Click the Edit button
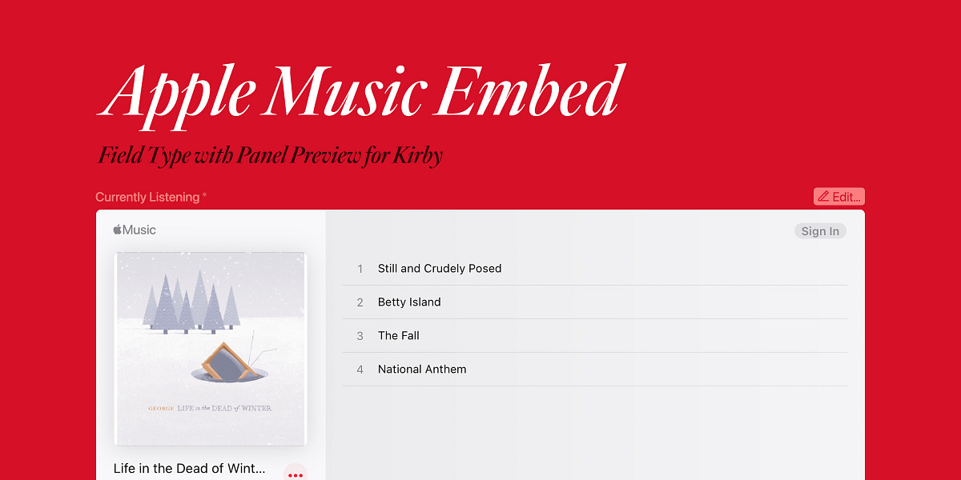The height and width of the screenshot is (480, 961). point(838,197)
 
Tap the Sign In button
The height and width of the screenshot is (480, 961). point(820,231)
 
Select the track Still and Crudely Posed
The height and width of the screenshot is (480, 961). point(440,268)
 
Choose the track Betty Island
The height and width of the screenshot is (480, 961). point(409,302)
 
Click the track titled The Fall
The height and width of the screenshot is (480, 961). point(399,335)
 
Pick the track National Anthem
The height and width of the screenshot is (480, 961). point(422,369)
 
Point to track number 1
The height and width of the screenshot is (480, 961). point(360,269)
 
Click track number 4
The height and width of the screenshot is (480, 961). point(360,370)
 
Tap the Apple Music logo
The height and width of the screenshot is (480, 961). point(135,230)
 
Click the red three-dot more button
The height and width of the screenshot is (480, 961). point(296,474)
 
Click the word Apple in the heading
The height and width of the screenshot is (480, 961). point(177,97)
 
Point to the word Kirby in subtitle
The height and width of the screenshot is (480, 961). point(418,155)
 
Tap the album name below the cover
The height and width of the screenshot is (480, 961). point(189,469)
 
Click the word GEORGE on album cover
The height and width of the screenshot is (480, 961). point(161,409)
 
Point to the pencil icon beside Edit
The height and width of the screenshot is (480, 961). point(823,196)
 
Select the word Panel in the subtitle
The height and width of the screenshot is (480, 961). point(261,154)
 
